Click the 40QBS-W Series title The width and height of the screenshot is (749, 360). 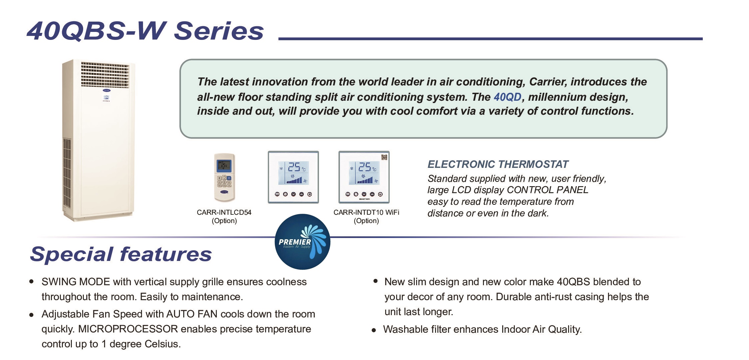click(145, 31)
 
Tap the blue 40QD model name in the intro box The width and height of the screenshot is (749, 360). click(507, 97)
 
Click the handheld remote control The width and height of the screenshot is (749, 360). click(224, 177)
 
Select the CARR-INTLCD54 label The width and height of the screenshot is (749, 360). click(224, 212)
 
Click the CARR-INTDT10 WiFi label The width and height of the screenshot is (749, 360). click(366, 212)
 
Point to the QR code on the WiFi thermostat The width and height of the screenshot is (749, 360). click(384, 157)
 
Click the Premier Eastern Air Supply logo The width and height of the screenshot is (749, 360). click(303, 242)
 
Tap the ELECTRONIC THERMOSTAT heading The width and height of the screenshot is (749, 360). click(498, 164)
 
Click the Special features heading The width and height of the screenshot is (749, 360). click(121, 254)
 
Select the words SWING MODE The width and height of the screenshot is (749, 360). click(75, 282)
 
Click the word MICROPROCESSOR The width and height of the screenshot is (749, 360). click(128, 329)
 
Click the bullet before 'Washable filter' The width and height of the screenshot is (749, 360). click(374, 330)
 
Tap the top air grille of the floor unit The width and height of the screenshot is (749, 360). click(105, 75)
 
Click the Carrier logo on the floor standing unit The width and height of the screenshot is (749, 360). click(106, 90)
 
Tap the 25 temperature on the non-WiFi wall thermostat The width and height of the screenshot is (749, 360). click(294, 167)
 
